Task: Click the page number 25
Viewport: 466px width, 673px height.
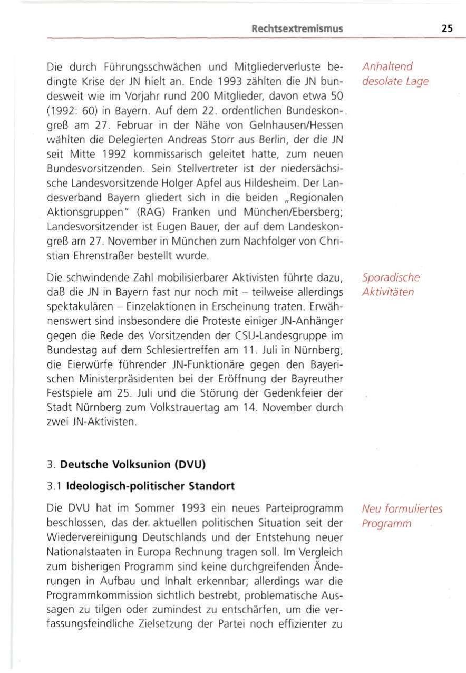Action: click(447, 29)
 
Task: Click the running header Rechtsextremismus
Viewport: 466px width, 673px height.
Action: click(298, 29)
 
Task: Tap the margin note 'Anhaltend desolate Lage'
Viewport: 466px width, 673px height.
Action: click(387, 74)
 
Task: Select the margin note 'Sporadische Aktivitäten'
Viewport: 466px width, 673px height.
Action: click(391, 285)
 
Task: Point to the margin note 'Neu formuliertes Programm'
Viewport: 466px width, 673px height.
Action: click(402, 517)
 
